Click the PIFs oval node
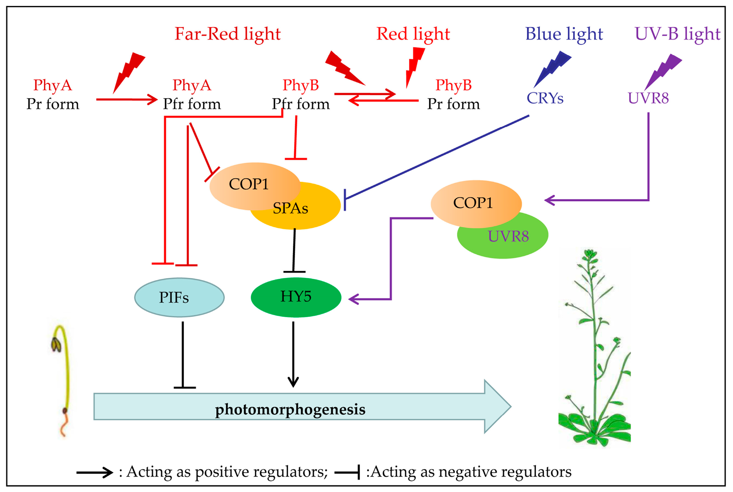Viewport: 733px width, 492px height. (179, 297)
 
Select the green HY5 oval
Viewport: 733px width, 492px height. (296, 297)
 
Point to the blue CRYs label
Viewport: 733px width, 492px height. (545, 98)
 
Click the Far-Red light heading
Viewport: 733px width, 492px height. (227, 34)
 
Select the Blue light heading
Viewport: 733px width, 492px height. (564, 34)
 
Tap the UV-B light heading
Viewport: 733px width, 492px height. (677, 34)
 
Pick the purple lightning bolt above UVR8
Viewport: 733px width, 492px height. (663, 71)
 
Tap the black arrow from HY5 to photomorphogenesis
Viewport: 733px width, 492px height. (293, 355)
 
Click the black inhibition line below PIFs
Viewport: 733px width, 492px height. (183, 355)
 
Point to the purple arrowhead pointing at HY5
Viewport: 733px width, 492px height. (354, 299)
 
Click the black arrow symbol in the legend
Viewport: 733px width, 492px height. (94, 472)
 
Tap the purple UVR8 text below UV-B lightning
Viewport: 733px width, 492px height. (648, 98)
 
